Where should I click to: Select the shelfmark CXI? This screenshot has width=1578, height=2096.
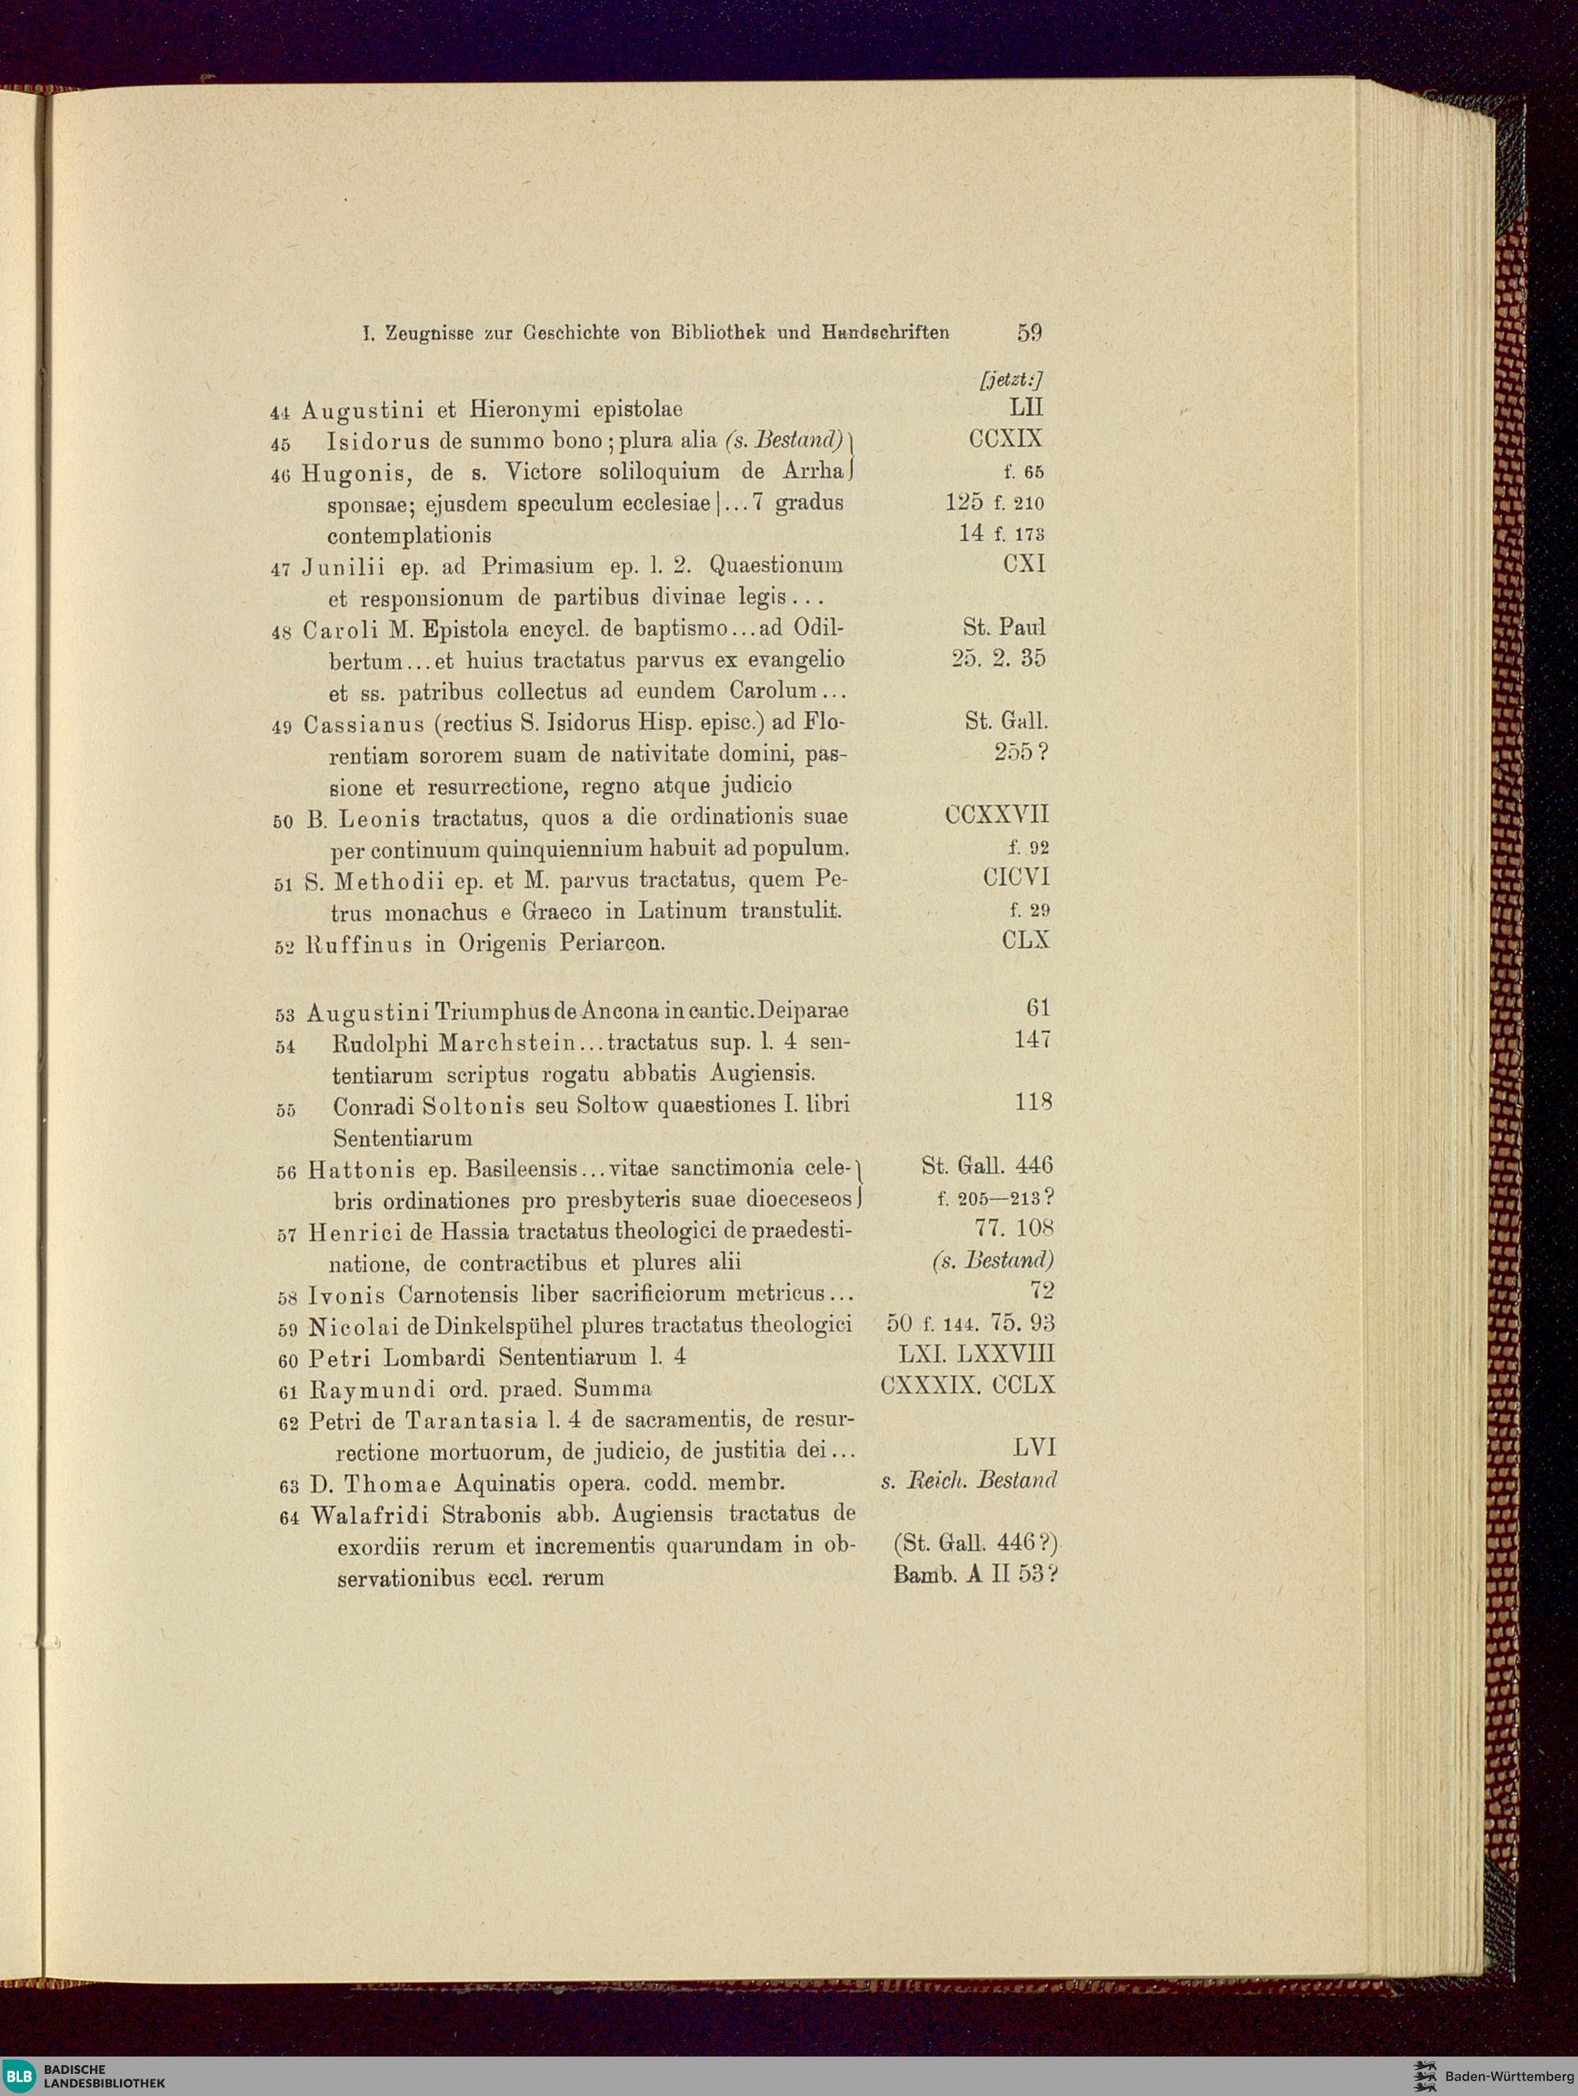(1024, 565)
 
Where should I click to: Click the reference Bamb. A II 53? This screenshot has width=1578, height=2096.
(974, 1575)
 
